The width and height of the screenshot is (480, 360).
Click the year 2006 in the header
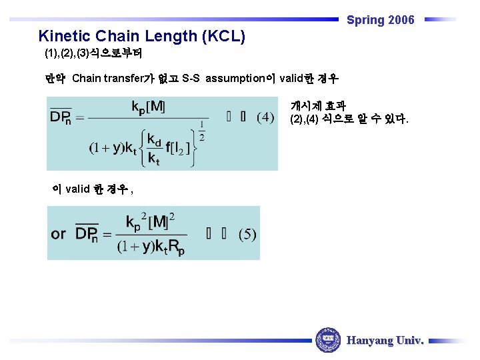pyautogui.click(x=401, y=20)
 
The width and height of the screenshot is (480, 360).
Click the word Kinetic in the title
pyautogui.click(x=65, y=36)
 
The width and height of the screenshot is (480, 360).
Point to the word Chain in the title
pyautogui.click(x=117, y=36)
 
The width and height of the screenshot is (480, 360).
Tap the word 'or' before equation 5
pyautogui.click(x=59, y=234)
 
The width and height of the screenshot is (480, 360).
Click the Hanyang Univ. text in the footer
pyautogui.click(x=385, y=340)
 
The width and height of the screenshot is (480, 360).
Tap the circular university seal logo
pyautogui.click(x=327, y=340)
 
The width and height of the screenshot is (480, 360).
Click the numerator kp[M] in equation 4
pyautogui.click(x=148, y=106)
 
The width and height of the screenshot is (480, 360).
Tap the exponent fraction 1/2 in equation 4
pyautogui.click(x=201, y=131)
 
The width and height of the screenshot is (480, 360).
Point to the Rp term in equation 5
pyautogui.click(x=177, y=249)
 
